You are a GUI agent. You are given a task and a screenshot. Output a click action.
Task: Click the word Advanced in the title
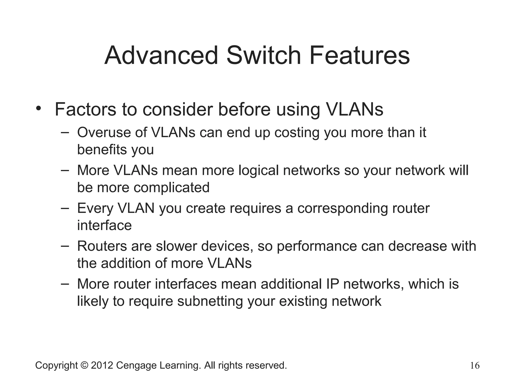161,56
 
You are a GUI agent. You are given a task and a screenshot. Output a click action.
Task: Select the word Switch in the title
264,56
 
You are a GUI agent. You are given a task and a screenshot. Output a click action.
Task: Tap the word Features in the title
360,56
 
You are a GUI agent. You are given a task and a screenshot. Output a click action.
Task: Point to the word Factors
85,110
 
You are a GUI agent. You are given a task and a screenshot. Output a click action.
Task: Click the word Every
95,209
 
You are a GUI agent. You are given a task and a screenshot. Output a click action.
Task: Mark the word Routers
102,246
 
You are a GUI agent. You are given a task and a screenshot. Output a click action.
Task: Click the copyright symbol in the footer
84,365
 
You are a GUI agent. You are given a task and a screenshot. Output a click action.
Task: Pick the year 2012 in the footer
102,365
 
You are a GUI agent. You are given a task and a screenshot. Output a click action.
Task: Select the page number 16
475,366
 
